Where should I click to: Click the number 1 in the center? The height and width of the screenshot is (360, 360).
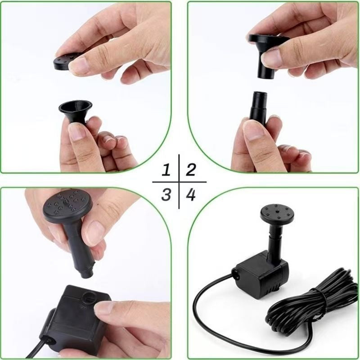(x=167, y=170)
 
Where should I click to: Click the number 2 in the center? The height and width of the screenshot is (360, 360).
(x=191, y=170)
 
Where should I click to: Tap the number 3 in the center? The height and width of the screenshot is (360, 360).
(x=167, y=195)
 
